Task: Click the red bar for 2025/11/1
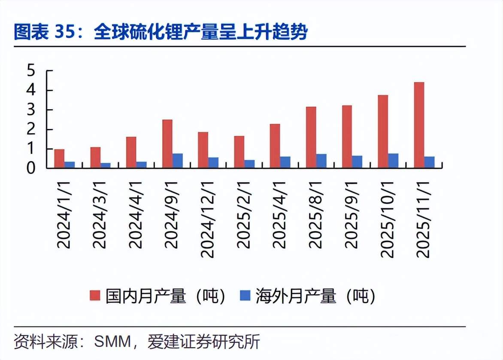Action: (x=419, y=125)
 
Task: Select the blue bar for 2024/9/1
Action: (x=178, y=161)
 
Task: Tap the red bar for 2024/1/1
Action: (x=59, y=159)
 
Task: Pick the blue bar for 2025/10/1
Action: (x=393, y=161)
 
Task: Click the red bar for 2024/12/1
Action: (x=203, y=150)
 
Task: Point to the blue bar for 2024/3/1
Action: (x=106, y=165)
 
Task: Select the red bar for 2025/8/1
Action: (x=311, y=137)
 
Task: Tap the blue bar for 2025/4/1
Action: (x=285, y=162)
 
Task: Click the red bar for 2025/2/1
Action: (x=239, y=152)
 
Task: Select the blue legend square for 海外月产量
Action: (x=245, y=295)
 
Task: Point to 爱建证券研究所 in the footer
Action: (x=204, y=342)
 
